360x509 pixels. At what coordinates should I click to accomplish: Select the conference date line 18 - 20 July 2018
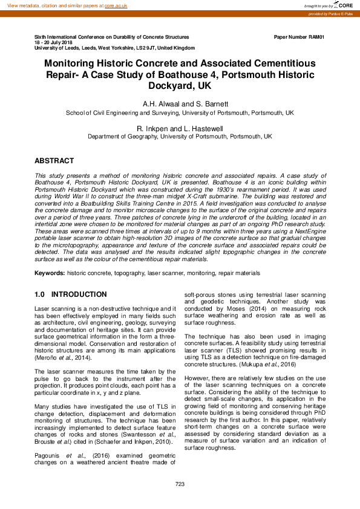(53, 42)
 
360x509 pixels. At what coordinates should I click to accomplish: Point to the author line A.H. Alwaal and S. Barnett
(180, 104)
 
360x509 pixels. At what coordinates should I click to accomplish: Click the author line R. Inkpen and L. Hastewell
(180, 128)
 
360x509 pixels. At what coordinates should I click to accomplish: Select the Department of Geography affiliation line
(180, 137)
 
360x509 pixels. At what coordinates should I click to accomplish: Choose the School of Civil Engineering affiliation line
(180, 113)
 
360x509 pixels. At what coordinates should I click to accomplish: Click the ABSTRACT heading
(54, 161)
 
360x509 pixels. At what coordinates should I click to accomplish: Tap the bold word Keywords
(50, 273)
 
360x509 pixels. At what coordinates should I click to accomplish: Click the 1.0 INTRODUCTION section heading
(71, 294)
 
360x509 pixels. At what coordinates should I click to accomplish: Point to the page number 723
(180, 484)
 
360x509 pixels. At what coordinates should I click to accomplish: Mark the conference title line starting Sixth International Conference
(112, 37)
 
